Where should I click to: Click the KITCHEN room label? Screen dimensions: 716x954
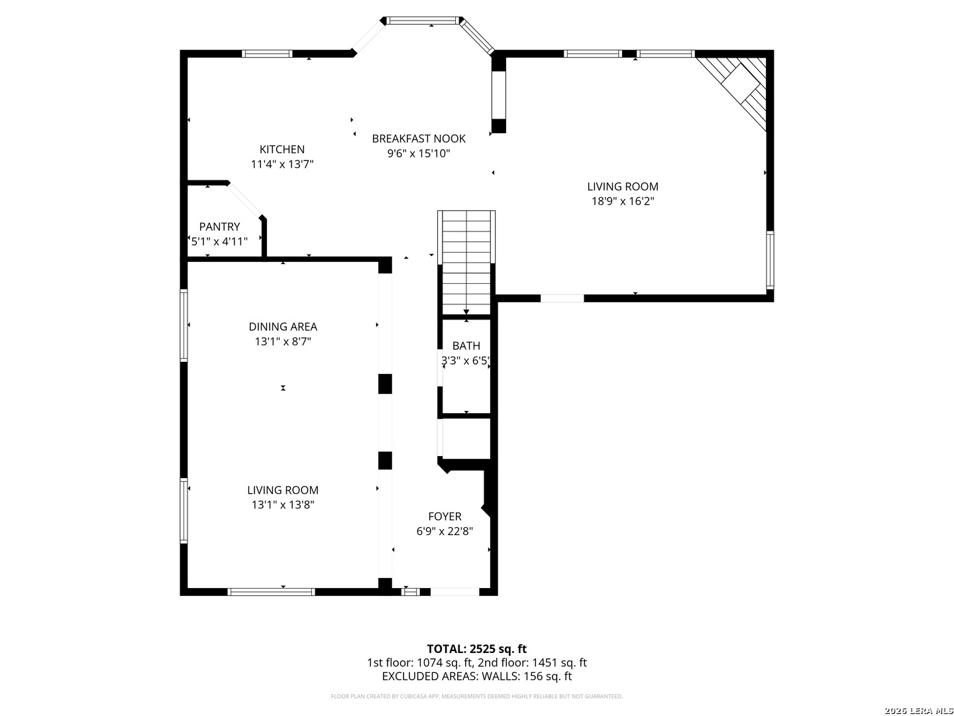[282, 149]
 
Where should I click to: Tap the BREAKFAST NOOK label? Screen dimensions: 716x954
[418, 139]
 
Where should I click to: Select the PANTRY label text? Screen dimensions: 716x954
[219, 227]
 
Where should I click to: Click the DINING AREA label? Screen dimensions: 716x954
[283, 326]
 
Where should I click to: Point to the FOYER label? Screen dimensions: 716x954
[445, 516]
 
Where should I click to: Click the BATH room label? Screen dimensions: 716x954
[466, 345]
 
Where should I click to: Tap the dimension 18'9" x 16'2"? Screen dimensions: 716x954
[623, 202]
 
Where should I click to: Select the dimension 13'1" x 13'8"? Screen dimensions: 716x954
[283, 505]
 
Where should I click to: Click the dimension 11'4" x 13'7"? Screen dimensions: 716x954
[282, 164]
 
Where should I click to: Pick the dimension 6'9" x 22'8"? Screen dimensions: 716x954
[445, 532]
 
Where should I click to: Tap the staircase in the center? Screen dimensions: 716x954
[466, 262]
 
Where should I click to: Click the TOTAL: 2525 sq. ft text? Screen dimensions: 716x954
[476, 648]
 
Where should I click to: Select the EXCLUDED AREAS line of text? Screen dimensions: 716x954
[476, 676]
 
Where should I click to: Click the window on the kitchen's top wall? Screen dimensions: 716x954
[267, 54]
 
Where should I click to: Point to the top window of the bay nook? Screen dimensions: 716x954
[423, 21]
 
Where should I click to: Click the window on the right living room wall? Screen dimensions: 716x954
[770, 260]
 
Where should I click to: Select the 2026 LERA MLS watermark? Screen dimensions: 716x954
[918, 711]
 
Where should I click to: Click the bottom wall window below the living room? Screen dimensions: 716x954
[271, 591]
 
